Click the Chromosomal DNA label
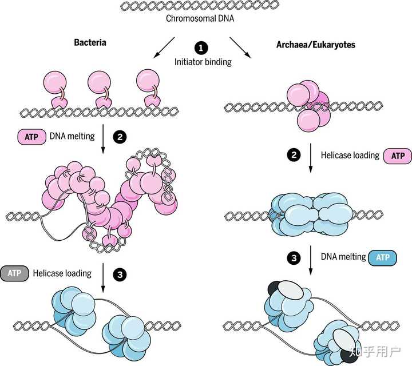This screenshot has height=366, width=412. [x=200, y=19]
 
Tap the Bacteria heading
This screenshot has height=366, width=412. [x=90, y=42]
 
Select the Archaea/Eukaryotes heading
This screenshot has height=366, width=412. [x=315, y=45]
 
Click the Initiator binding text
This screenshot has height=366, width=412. [x=203, y=62]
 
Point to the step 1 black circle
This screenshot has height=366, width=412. [x=201, y=48]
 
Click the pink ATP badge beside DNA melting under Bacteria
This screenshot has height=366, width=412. [x=32, y=137]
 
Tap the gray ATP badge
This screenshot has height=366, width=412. [x=14, y=273]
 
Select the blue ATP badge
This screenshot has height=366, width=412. [x=383, y=257]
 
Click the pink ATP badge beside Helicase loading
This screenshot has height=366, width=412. [x=398, y=156]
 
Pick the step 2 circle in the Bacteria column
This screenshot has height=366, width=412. [x=120, y=137]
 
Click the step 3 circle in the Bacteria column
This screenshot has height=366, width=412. [x=120, y=274]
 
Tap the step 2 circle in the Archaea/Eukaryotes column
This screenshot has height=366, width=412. [x=294, y=155]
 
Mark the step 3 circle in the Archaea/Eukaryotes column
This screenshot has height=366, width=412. [x=294, y=258]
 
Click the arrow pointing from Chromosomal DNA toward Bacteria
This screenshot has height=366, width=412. [x=164, y=47]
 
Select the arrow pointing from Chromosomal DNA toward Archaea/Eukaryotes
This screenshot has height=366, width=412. [x=240, y=47]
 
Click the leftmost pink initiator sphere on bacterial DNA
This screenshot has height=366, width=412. [x=55, y=82]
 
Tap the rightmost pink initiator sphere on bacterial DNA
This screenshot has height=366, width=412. [x=148, y=81]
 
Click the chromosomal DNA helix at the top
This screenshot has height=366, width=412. [x=200, y=6]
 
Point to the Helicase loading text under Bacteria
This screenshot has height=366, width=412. [x=62, y=273]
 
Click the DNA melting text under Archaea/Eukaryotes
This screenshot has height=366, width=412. [x=343, y=257]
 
